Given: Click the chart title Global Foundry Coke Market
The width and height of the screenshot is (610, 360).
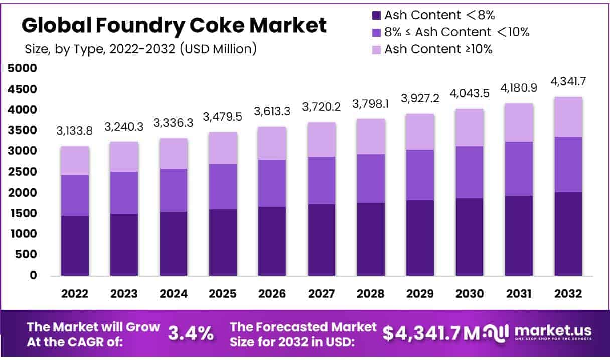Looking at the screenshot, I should coord(174,25).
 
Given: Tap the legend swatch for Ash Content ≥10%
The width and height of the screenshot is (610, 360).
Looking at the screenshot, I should coord(376,49).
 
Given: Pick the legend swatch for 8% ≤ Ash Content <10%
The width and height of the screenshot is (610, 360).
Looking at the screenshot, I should coord(376,32).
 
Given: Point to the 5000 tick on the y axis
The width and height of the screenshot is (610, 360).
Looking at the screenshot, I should coord(23,69).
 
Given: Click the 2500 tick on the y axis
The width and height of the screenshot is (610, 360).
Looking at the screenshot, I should coord(23,172).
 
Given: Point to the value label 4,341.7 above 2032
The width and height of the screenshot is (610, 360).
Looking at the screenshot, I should coord(568,80).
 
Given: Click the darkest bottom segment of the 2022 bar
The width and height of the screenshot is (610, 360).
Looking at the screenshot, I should coord(75,246).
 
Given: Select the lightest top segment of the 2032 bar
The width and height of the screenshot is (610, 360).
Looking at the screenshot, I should coord(568,117).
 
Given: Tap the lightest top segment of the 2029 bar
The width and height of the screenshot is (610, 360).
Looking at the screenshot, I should coord(420,132).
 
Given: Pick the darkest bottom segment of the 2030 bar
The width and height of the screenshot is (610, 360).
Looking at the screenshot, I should coord(470,237).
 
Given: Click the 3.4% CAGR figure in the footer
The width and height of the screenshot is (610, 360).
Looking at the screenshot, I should coord(191,333).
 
